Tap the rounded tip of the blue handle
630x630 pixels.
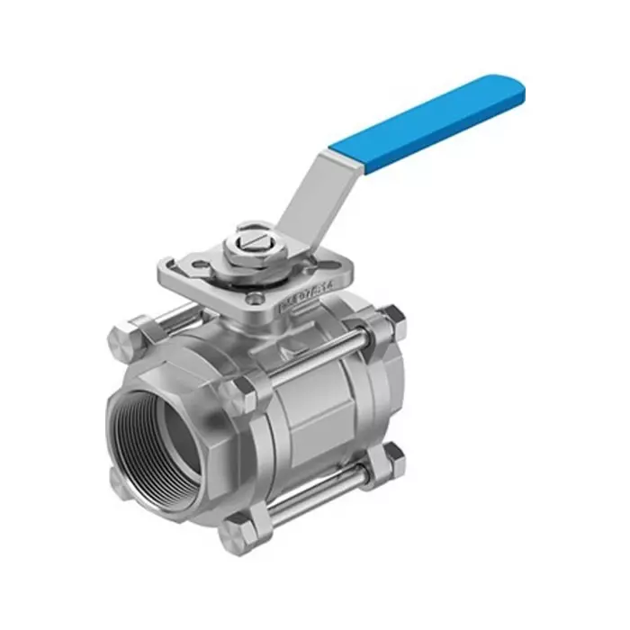[513, 88]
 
